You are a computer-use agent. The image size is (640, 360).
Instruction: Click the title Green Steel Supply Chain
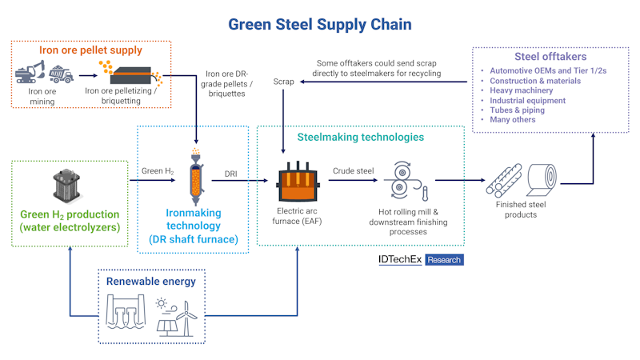[x=320, y=24]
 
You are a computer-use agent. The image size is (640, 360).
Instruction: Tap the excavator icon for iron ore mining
[x=31, y=75]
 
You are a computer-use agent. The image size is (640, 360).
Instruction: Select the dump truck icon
[x=61, y=75]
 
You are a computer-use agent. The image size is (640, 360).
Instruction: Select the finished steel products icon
[x=521, y=182]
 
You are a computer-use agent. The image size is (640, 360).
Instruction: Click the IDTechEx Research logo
[x=420, y=260]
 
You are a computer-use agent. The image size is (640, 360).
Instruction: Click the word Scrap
[x=284, y=82]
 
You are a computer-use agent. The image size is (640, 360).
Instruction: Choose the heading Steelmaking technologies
[x=360, y=138]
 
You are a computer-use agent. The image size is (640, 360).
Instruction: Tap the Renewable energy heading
[x=150, y=282]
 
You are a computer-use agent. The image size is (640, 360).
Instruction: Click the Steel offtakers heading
[x=552, y=57]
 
